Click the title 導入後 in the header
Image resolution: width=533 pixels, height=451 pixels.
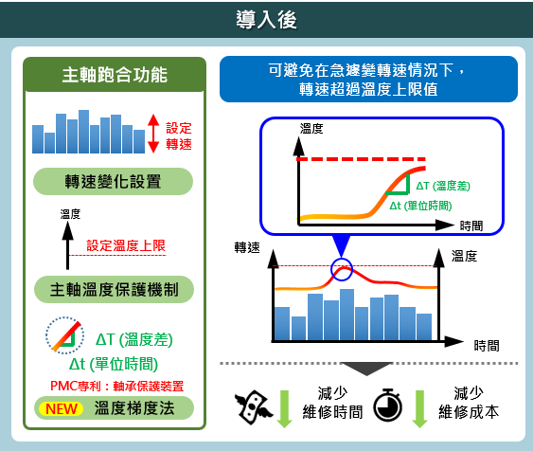coord(266,19)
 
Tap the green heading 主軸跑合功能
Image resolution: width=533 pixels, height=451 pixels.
coord(115,75)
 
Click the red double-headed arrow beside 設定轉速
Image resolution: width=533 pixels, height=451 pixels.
coord(153,134)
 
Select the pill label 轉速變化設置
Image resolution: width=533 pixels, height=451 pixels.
coord(113,181)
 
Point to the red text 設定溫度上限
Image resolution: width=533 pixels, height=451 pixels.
coord(126,245)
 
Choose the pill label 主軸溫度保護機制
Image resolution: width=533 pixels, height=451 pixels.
coord(114,289)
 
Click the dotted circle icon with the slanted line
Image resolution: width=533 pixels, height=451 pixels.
coord(65,335)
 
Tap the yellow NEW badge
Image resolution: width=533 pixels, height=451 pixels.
coord(62,408)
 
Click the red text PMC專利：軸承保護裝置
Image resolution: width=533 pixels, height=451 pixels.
coord(117,386)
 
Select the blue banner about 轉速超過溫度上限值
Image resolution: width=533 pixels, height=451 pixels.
coord(368,80)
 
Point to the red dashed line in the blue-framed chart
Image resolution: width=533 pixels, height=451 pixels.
coord(362,159)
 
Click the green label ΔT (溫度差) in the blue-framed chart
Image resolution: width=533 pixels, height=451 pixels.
coord(443,186)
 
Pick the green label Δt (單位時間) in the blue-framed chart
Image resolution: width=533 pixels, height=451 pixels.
coord(420,206)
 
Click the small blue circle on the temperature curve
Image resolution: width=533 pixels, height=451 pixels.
coord(342,269)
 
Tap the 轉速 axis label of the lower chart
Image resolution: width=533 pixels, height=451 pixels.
coord(247,247)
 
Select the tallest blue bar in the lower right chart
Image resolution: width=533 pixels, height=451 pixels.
coord(346,315)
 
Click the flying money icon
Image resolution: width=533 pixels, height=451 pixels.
coord(253,407)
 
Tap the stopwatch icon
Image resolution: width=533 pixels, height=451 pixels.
coord(387,405)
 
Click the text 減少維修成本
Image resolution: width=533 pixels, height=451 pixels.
coord(469,403)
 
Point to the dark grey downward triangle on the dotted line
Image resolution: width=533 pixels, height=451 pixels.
coord(366,369)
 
